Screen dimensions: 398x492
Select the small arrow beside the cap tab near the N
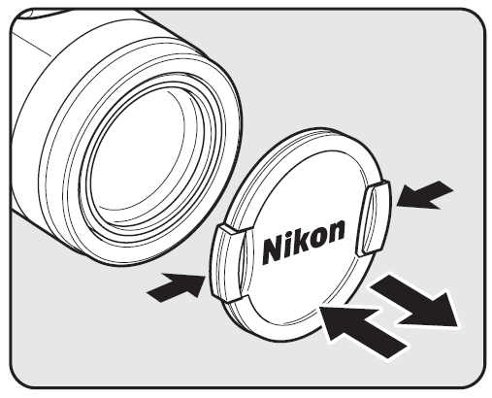[176, 285]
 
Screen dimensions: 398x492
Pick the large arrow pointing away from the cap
[416, 300]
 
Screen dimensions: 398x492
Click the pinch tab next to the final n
[373, 217]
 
